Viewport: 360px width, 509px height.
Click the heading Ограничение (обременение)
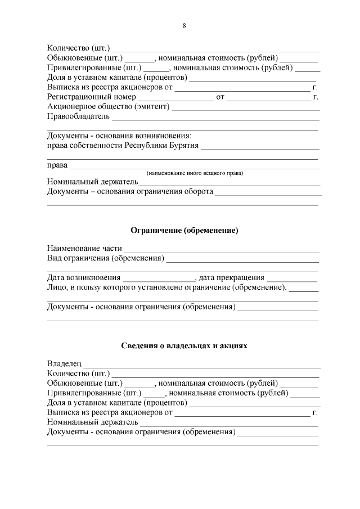coord(184,231)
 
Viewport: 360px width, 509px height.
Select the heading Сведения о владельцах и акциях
coord(184,345)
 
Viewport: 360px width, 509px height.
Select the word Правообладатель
coord(78,116)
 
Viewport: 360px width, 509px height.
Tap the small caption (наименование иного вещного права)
coord(194,173)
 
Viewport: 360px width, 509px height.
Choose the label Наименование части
coord(84,249)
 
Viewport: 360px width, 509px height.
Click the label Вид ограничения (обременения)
coord(106,258)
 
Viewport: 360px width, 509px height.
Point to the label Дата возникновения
coord(84,277)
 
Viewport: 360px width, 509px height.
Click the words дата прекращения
coord(231,277)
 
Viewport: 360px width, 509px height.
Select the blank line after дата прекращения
coord(292,278)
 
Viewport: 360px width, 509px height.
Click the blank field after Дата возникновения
coord(159,278)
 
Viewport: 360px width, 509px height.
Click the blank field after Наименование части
coord(222,250)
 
